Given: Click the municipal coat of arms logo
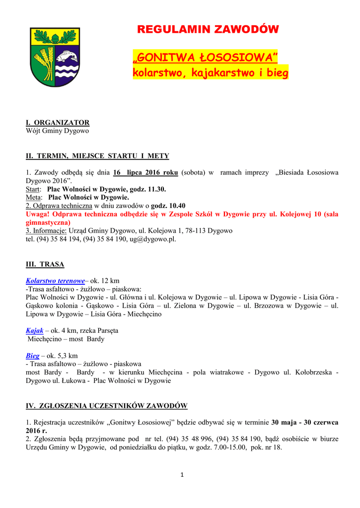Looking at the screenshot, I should pyautogui.click(x=55, y=57).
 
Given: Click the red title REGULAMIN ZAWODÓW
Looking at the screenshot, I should pyautogui.click(x=208, y=30).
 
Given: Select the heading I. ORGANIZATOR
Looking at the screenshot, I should pyautogui.click(x=58, y=123).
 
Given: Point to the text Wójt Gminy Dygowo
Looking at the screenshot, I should pyautogui.click(x=57, y=131).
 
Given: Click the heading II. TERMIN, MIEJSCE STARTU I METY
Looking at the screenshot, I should pyautogui.click(x=97, y=156).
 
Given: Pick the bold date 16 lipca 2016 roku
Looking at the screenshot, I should pyautogui.click(x=145, y=173).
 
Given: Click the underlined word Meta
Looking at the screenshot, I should pyautogui.click(x=33, y=197).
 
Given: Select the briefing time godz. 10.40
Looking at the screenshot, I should pyautogui.click(x=168, y=206).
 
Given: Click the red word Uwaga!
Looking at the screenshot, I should pyautogui.click(x=38, y=214).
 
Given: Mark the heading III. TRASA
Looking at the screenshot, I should pyautogui.click(x=45, y=264).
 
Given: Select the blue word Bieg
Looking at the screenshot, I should pyautogui.click(x=32, y=356).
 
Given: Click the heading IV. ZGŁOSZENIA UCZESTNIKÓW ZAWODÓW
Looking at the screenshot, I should pyautogui.click(x=106, y=406).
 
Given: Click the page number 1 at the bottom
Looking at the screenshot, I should pyautogui.click(x=182, y=475).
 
